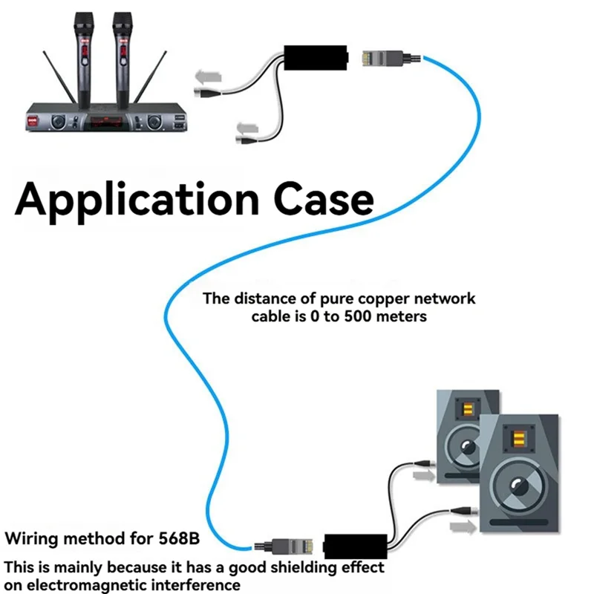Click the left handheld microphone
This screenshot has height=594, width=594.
point(84,61)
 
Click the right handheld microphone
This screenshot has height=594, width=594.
point(123,61)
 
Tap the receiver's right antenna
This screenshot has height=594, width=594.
point(150,77)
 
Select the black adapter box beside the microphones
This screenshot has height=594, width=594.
point(316,58)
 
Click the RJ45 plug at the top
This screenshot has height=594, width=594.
point(391,58)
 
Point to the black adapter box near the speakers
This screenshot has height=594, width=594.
point(356,546)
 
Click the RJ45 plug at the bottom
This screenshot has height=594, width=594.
point(284,546)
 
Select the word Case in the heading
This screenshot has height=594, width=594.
point(324,199)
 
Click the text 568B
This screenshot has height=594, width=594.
point(179,538)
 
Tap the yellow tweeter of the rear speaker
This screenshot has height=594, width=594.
point(469,409)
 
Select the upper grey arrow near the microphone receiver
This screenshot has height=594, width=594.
point(208,77)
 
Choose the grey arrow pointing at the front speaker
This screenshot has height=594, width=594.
point(463,526)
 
